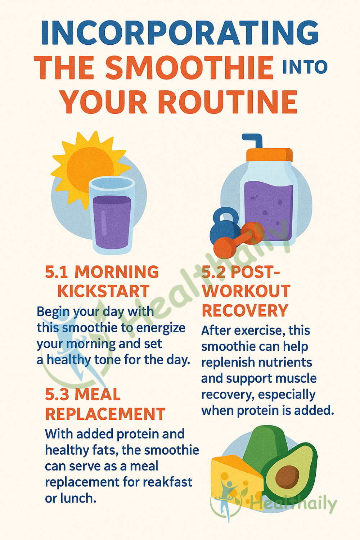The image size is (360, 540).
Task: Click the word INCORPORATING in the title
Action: pyautogui.click(x=180, y=33)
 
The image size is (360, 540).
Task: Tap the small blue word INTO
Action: pyautogui.click(x=305, y=67)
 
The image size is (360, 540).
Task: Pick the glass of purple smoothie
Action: pyautogui.click(x=112, y=215)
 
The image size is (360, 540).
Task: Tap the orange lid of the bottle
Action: pyautogui.click(x=269, y=155)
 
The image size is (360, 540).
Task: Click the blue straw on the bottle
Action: pyautogui.click(x=253, y=141)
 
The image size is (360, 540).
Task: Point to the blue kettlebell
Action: pyautogui.click(x=225, y=226)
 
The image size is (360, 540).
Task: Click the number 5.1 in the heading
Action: pyautogui.click(x=57, y=272)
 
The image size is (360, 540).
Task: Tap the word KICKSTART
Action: pyautogui.click(x=103, y=291)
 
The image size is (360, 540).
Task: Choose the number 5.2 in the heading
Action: pyautogui.click(x=213, y=272)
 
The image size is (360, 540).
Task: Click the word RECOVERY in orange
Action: pyautogui.click(x=245, y=310)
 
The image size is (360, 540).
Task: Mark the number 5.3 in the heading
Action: pyautogui.click(x=57, y=395)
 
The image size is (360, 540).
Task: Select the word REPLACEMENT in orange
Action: pyautogui.click(x=105, y=414)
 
